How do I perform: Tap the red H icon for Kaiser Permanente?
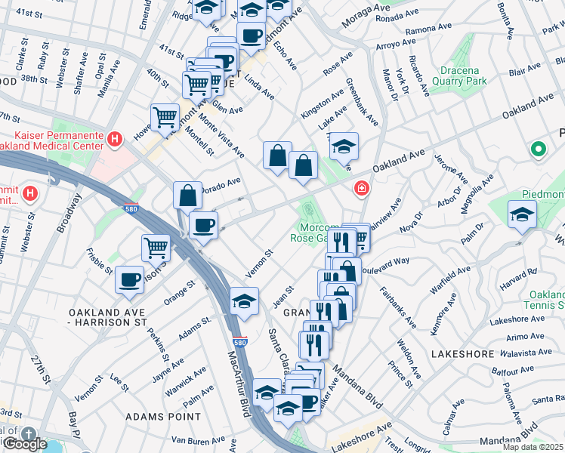coord(114,139)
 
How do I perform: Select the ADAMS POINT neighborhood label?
coord(163,416)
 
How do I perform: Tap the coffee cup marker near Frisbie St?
coord(129,279)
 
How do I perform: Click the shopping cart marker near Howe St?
coord(165,117)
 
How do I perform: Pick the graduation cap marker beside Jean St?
coord(244,301)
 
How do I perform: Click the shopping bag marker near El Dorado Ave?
coord(187,196)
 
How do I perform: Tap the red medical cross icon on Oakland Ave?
coord(362,188)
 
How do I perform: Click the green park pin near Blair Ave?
coord(538,150)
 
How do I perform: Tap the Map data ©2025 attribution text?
coord(533,447)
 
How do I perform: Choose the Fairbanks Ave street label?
coord(398,307)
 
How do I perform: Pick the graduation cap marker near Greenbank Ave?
coord(344,146)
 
